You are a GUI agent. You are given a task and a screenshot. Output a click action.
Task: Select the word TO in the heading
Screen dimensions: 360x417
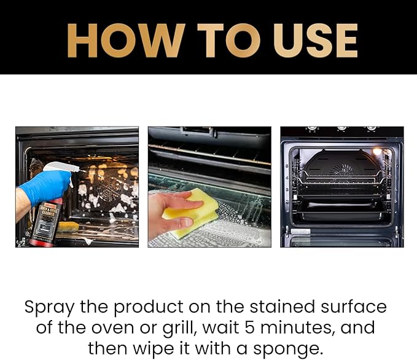[x=225, y=41]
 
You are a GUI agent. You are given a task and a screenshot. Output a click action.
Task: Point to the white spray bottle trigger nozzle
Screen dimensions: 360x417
[x=61, y=167]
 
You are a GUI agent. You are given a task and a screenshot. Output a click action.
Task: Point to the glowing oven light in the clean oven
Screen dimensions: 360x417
[x=377, y=152]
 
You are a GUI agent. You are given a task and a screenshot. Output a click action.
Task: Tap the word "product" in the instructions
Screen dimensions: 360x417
[x=147, y=307]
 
